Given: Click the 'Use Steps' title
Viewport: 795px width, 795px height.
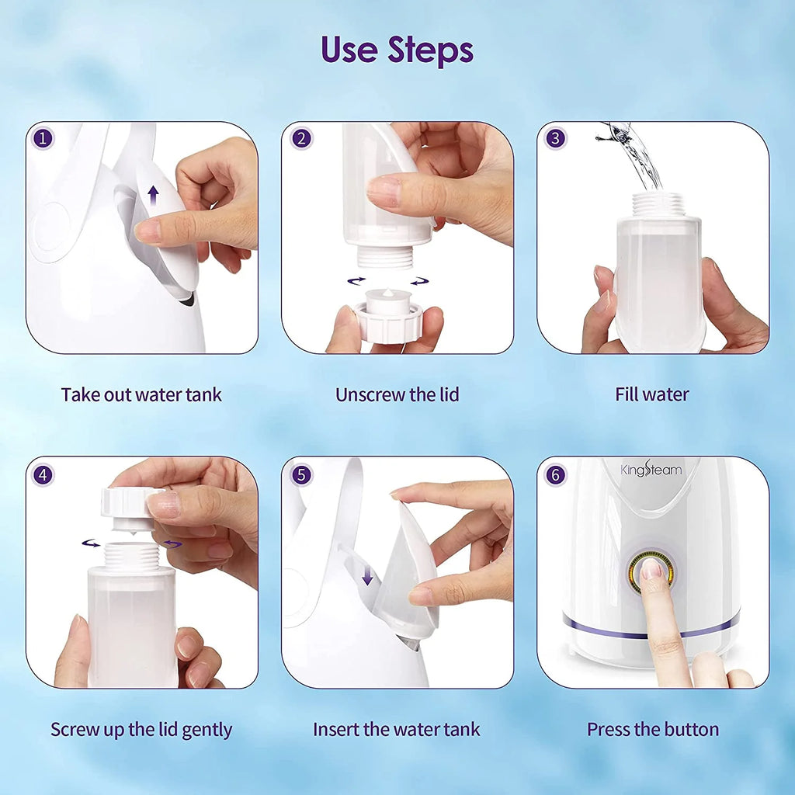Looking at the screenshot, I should coord(397,50).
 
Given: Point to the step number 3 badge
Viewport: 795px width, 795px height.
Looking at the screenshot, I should coord(555,139).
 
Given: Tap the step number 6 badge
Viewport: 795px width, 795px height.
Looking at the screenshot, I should coord(555,474).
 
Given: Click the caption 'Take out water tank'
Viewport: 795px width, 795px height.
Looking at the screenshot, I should coord(141,394).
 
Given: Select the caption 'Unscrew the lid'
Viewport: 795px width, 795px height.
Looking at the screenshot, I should coord(397,394).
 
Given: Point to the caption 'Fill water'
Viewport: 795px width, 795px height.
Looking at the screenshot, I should coord(652,394).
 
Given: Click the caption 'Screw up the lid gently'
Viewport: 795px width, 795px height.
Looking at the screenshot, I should coord(141,730).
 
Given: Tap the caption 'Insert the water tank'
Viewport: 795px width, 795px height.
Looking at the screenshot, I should coord(397,730).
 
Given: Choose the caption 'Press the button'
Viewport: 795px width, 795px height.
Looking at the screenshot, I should coord(652,730).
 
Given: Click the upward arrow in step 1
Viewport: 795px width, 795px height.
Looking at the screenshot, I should coord(153,195).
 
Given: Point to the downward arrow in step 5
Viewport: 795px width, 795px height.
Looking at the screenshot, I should coord(368,575).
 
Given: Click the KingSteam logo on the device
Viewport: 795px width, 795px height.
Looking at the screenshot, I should coord(651,470).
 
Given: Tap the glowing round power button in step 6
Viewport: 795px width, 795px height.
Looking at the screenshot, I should coord(651,572).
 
